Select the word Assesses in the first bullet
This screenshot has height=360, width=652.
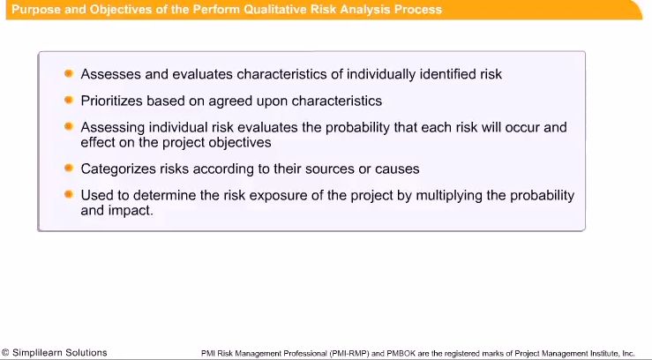(109, 75)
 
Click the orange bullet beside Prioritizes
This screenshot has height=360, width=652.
(69, 100)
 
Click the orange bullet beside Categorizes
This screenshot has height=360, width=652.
(69, 167)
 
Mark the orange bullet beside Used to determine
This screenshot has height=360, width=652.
(69, 193)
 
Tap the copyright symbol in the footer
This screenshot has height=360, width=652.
(5, 353)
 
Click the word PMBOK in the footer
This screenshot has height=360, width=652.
(382, 354)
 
